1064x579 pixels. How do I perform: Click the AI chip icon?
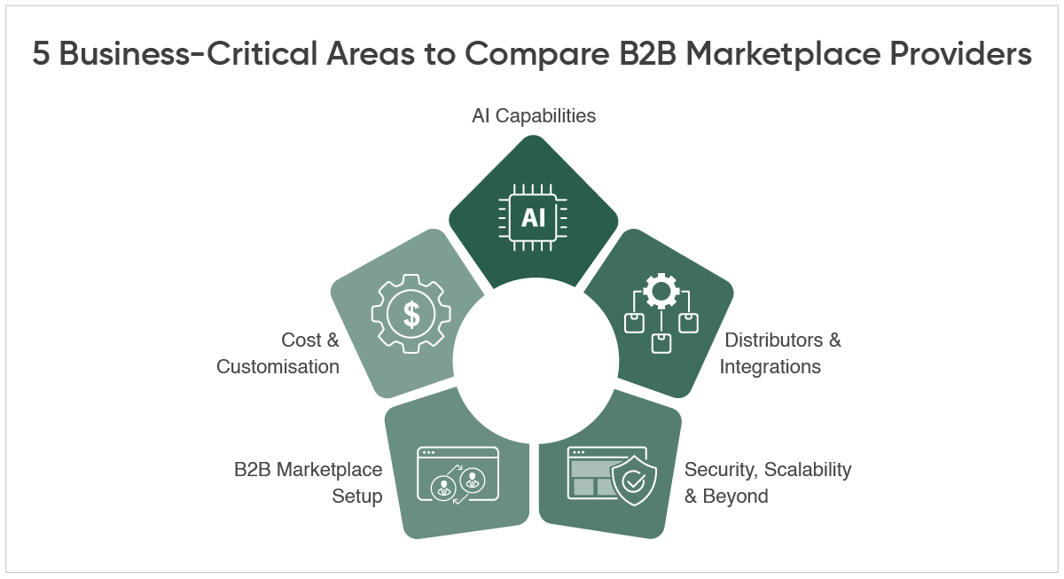[533, 217]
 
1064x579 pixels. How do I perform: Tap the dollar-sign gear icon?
[411, 314]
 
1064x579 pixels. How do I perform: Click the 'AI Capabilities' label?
[534, 115]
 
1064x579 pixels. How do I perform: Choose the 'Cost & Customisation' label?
[278, 353]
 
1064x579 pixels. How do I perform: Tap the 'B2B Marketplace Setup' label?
[309, 482]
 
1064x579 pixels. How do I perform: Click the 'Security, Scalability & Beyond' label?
[767, 482]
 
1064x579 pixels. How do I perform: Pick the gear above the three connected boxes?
[661, 292]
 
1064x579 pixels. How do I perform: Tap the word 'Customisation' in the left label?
[278, 366]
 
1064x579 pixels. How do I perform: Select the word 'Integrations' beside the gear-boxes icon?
[770, 366]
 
